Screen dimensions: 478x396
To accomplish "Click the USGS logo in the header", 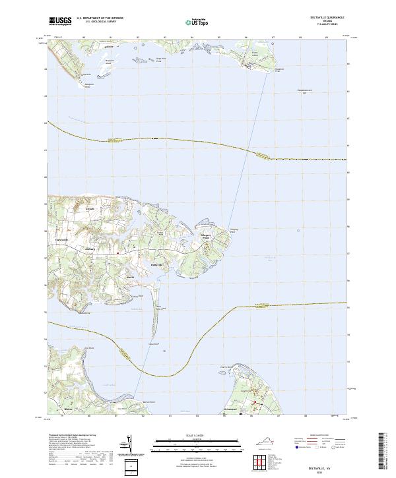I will click(60, 21).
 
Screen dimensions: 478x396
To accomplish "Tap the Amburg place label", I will click(91, 249).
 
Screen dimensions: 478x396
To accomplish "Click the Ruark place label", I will click(131, 278).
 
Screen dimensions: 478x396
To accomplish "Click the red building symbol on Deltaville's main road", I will click(117, 253).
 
